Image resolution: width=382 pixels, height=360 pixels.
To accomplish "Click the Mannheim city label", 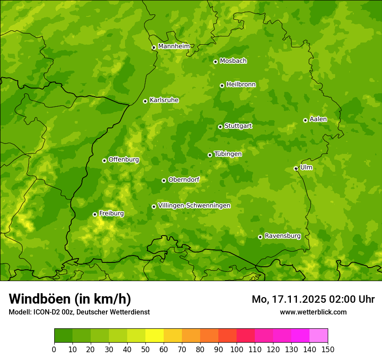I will (x=174, y=46).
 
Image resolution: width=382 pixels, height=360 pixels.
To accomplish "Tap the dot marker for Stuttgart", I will (x=220, y=127).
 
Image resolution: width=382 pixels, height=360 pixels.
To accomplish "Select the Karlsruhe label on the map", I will (x=164, y=100).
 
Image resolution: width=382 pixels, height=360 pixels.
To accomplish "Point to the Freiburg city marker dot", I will (x=95, y=214).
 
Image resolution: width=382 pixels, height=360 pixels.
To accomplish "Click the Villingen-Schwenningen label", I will (x=194, y=206).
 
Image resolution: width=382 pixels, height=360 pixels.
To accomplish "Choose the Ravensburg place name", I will (x=282, y=236).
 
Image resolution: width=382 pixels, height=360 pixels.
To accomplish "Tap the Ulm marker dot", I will (x=296, y=168).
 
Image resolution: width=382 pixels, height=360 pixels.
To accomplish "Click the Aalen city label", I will (x=318, y=119).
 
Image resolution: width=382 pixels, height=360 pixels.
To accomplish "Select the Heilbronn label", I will (x=240, y=85).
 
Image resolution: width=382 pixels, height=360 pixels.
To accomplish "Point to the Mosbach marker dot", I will (x=215, y=62).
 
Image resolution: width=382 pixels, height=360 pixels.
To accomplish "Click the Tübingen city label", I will (x=227, y=154).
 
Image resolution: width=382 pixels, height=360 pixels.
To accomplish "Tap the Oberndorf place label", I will (x=184, y=180).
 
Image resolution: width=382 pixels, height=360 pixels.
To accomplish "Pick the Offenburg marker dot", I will (x=104, y=160).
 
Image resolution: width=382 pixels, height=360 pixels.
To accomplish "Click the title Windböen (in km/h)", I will (x=69, y=299).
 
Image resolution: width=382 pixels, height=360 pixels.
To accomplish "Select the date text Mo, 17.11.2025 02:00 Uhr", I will (x=313, y=299).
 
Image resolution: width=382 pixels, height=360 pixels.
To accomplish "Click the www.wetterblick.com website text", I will (x=313, y=312).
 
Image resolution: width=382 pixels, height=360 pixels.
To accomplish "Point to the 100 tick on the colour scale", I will (x=237, y=349).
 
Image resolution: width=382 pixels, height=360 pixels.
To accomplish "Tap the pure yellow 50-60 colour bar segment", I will (x=155, y=336).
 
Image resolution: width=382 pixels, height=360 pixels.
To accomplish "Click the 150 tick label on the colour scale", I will (x=328, y=349).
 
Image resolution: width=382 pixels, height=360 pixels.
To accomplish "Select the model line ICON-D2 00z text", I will (x=79, y=312).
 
